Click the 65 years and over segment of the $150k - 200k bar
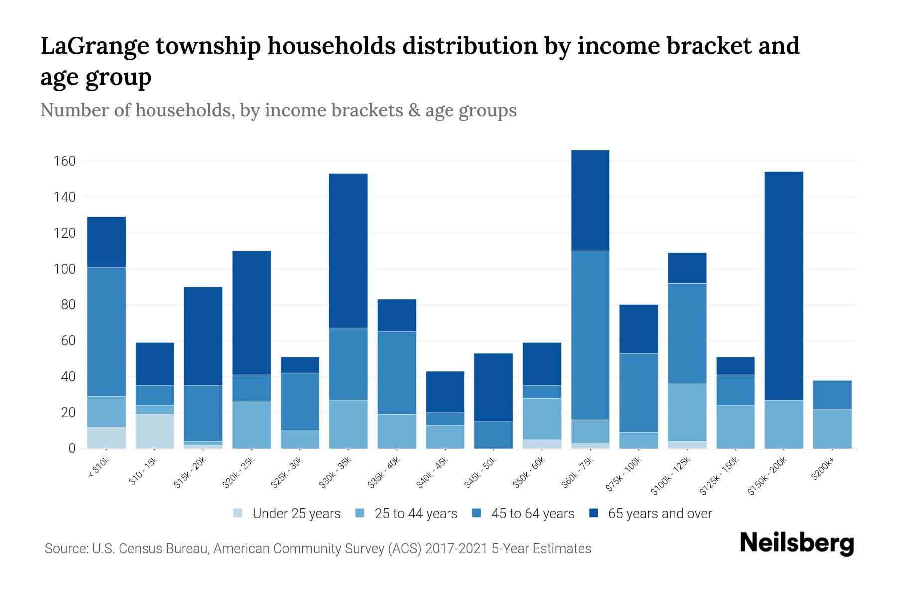(x=783, y=286)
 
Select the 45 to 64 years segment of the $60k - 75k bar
(x=590, y=335)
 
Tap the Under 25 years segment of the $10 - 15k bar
(x=154, y=431)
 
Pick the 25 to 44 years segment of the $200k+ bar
(x=832, y=429)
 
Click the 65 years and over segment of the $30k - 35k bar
(x=348, y=251)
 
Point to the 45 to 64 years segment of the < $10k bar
(x=106, y=331)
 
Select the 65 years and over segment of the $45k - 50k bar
(x=493, y=387)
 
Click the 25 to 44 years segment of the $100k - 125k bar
(x=687, y=412)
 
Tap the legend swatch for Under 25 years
(x=238, y=513)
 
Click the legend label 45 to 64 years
(x=533, y=513)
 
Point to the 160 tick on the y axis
(x=64, y=161)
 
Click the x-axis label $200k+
(x=823, y=470)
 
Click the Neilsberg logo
(x=796, y=543)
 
